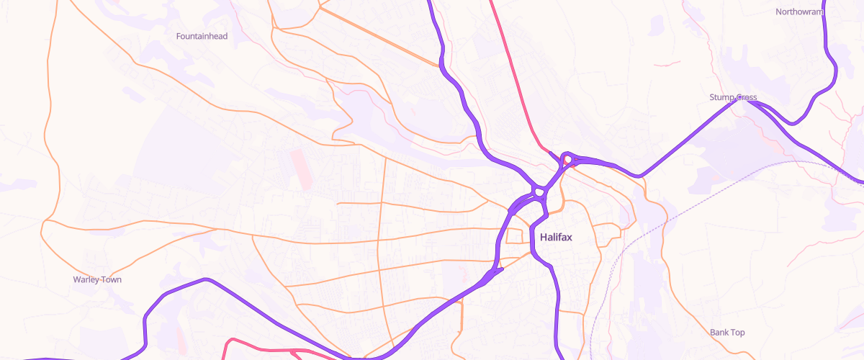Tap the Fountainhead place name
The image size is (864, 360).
(x=202, y=36)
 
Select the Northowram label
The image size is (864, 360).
(x=798, y=12)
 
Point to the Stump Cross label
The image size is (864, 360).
(x=733, y=97)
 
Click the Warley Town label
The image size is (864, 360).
(x=97, y=279)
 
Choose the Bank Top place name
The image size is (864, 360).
(x=727, y=333)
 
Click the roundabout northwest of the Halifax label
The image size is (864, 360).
(x=538, y=192)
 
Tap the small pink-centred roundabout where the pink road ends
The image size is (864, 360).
(x=568, y=159)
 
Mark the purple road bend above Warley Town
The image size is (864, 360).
(x=205, y=280)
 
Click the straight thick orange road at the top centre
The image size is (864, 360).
(x=378, y=36)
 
